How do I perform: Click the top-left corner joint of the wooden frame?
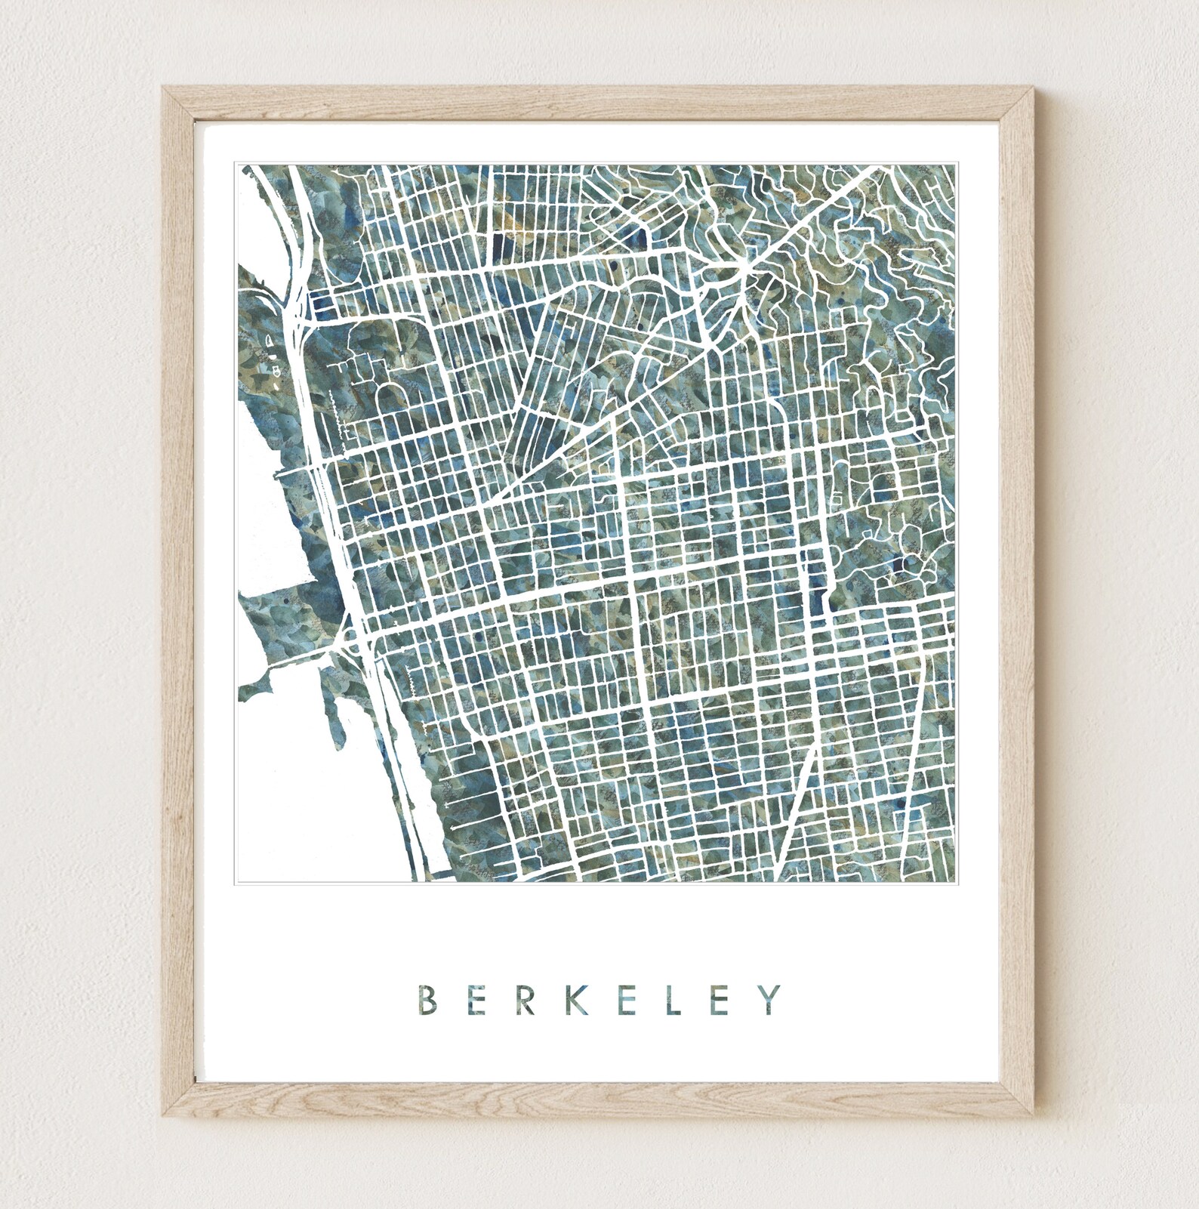coord(171,95)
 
